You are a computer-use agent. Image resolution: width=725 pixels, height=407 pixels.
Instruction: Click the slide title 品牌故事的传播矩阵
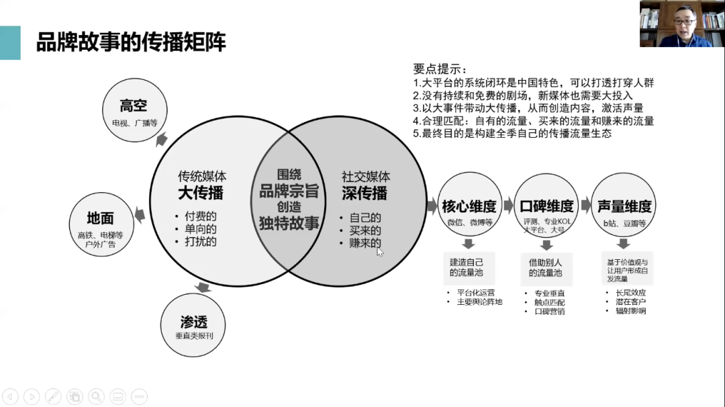tap(131, 42)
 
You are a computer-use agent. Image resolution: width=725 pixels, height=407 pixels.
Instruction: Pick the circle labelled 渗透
tap(193, 326)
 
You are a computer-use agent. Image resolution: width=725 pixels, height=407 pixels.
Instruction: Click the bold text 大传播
tap(201, 193)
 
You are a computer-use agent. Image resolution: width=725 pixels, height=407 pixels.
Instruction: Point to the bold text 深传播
tap(365, 193)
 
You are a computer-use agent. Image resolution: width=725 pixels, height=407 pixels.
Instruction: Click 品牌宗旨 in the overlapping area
tap(289, 191)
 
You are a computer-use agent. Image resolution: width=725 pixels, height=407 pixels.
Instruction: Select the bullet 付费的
tap(201, 217)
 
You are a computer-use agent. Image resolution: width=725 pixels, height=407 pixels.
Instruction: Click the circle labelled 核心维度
tap(469, 206)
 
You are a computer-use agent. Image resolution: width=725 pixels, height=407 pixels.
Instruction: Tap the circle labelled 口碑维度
tap(546, 206)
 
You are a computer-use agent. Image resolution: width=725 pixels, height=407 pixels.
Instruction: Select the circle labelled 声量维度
tap(624, 206)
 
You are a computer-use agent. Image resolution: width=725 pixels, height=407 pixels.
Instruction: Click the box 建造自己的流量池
tap(467, 267)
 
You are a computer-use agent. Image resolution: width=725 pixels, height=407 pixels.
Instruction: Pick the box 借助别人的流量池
tap(545, 267)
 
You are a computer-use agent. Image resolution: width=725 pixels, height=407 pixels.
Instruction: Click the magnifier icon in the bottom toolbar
tap(96, 396)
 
